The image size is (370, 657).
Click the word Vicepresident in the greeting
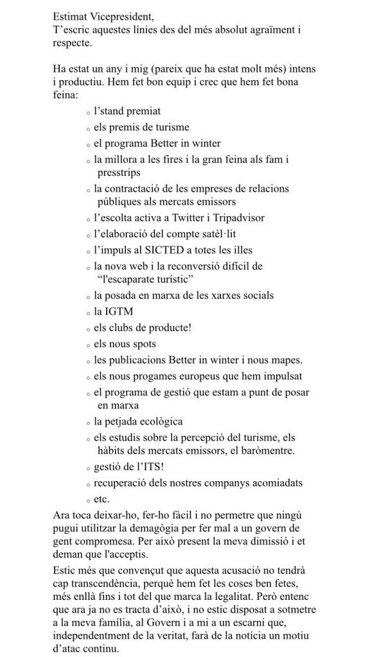coord(121,14)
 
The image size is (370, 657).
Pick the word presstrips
coord(119,173)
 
